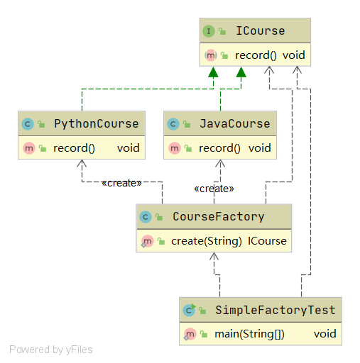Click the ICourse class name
click(x=261, y=31)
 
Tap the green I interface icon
click(x=209, y=31)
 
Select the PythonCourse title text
click(x=96, y=123)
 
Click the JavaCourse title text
click(x=234, y=123)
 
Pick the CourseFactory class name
click(x=219, y=216)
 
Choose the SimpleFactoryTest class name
click(x=276, y=310)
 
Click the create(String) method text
click(x=207, y=241)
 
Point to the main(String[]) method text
click(x=249, y=334)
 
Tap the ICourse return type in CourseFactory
click(x=267, y=241)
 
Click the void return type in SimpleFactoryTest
click(x=325, y=334)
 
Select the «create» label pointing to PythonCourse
click(x=121, y=183)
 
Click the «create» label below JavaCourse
click(x=214, y=189)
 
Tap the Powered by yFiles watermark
click(x=51, y=350)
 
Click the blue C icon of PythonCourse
click(x=28, y=124)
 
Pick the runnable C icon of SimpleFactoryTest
click(x=189, y=310)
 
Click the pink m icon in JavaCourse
click(x=175, y=148)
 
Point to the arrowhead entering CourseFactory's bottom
click(x=214, y=256)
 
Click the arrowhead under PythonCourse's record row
click(x=82, y=163)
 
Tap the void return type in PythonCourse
click(x=129, y=148)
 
